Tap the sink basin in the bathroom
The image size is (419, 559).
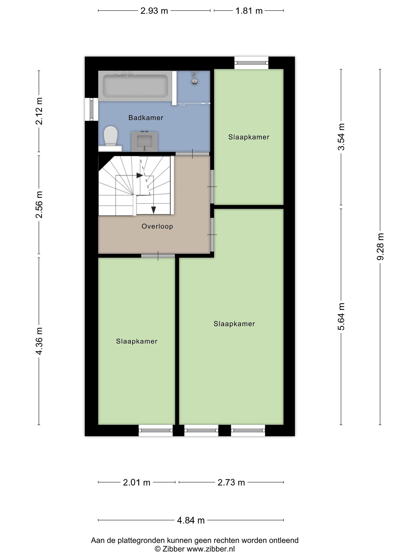(145, 142)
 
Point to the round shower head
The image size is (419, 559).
(194, 81)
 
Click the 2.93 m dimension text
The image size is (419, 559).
(154, 11)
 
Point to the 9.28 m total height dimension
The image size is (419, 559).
(380, 247)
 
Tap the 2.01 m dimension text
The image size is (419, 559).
(137, 482)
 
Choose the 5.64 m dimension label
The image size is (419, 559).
(341, 316)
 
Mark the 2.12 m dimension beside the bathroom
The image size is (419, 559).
(39, 111)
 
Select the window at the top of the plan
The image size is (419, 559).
(251, 63)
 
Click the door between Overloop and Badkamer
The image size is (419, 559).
(192, 154)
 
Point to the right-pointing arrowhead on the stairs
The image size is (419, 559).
(140, 175)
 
